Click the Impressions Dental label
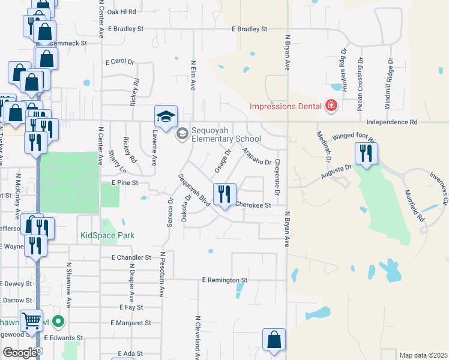286,107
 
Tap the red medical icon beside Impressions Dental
330,107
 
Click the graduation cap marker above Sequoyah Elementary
166,115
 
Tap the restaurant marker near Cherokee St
225,194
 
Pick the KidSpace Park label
107,236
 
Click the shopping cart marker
31,320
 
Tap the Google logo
20,352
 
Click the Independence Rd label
391,122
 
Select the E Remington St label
224,280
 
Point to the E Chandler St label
131,257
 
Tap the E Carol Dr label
121,62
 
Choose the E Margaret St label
130,323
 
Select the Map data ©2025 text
423,355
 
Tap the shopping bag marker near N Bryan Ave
274,340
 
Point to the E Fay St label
131,307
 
